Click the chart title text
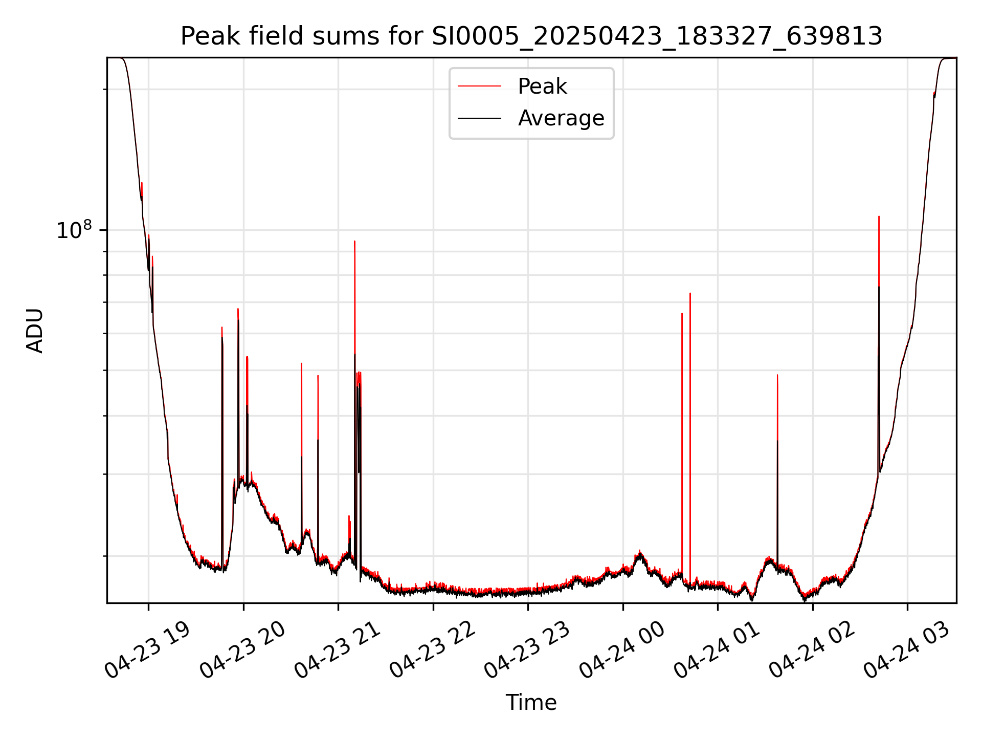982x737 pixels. (531, 37)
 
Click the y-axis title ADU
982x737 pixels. (35, 331)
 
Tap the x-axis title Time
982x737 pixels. (531, 703)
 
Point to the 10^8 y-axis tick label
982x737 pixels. (74, 230)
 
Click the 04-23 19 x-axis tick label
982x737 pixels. (147, 651)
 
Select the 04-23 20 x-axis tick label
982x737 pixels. (242, 651)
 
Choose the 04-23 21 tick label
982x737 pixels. (337, 651)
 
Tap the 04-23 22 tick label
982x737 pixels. (432, 651)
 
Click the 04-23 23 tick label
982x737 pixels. (527, 651)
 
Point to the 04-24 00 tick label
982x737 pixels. (622, 651)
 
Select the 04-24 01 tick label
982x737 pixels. (717, 651)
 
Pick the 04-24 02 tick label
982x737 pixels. (812, 651)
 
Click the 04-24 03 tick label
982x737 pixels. (906, 651)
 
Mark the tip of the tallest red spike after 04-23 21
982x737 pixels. (354, 241)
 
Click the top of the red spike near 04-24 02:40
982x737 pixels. (879, 216)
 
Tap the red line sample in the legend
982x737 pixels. (479, 86)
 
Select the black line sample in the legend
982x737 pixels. (479, 118)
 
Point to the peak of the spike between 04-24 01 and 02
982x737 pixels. (777, 375)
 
